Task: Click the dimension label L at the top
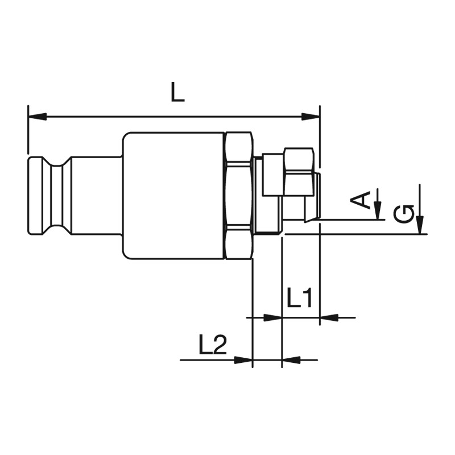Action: coord(177,92)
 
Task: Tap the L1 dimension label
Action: coord(300,297)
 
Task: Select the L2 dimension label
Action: coord(212,344)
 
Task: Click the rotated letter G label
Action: coord(404,214)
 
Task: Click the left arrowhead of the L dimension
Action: coord(38,117)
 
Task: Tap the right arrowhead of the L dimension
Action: coord(311,117)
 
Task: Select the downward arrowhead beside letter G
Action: coord(420,224)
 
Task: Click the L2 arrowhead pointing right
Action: coord(243,360)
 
